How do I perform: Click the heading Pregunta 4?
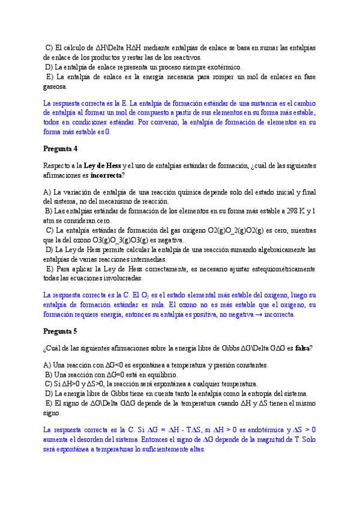pos(61,148)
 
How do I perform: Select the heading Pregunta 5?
pos(61,331)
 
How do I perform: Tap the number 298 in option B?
pos(287,211)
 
